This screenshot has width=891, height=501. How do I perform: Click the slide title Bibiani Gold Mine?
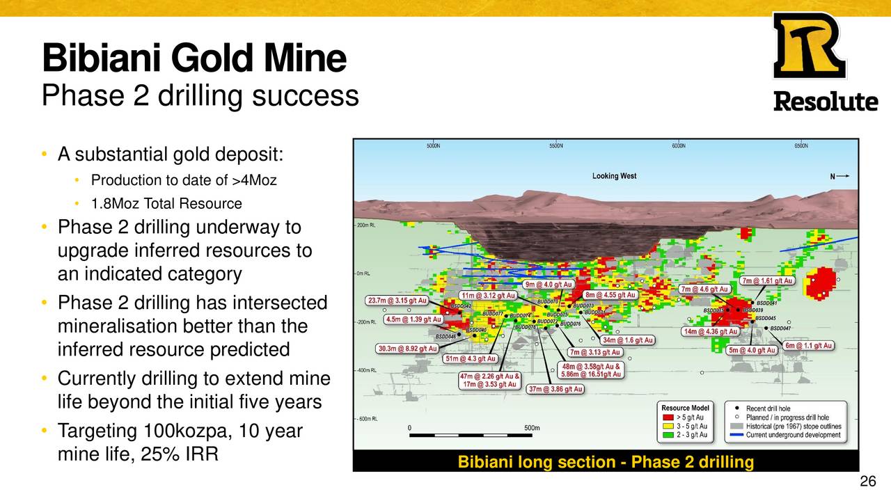tap(194, 58)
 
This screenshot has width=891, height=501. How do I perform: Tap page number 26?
tap(867, 482)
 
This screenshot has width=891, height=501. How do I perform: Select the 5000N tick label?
tap(433, 146)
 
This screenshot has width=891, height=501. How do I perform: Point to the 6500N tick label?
tap(801, 146)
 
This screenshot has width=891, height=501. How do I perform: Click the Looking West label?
tap(614, 176)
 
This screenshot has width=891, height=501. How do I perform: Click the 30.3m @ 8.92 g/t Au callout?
tap(407, 349)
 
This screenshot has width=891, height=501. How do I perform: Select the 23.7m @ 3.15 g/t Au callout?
tap(397, 301)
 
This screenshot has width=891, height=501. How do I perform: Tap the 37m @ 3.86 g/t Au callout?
tap(555, 389)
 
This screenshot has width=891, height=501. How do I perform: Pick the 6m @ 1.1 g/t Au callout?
tap(808, 346)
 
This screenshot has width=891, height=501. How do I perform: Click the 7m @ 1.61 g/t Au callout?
tap(767, 281)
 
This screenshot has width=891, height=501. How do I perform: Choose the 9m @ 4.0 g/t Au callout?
tap(549, 285)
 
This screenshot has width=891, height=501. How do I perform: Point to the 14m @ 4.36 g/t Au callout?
tap(710, 332)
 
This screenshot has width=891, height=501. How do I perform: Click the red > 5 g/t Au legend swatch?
tap(667, 417)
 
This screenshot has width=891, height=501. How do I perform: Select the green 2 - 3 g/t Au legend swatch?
tap(667, 436)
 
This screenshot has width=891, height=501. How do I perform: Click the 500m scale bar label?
tap(533, 428)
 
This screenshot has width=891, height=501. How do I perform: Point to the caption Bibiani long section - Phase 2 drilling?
tap(606, 462)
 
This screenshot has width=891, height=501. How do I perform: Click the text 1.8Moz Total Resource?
tap(166, 204)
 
